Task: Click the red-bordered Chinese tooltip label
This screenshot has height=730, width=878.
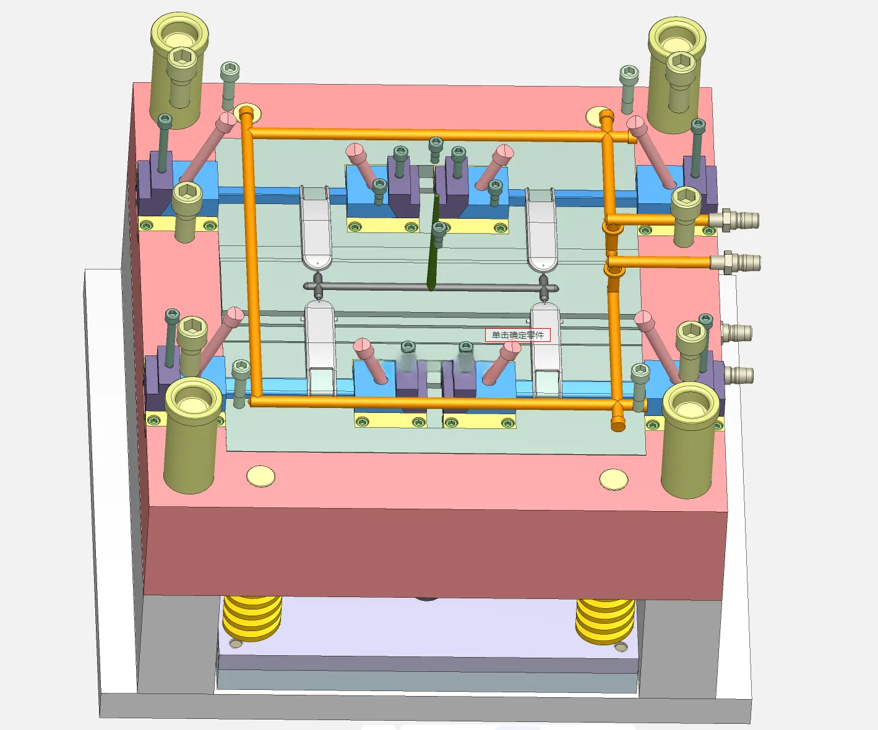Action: click(518, 335)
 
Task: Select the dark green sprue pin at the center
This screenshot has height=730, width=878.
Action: click(434, 242)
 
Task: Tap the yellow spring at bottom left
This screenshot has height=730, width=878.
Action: click(252, 618)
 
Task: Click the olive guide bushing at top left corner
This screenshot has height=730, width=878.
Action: click(179, 69)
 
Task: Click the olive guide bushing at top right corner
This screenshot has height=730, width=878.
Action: click(677, 75)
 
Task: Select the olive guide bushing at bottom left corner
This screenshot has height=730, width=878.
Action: click(192, 435)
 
